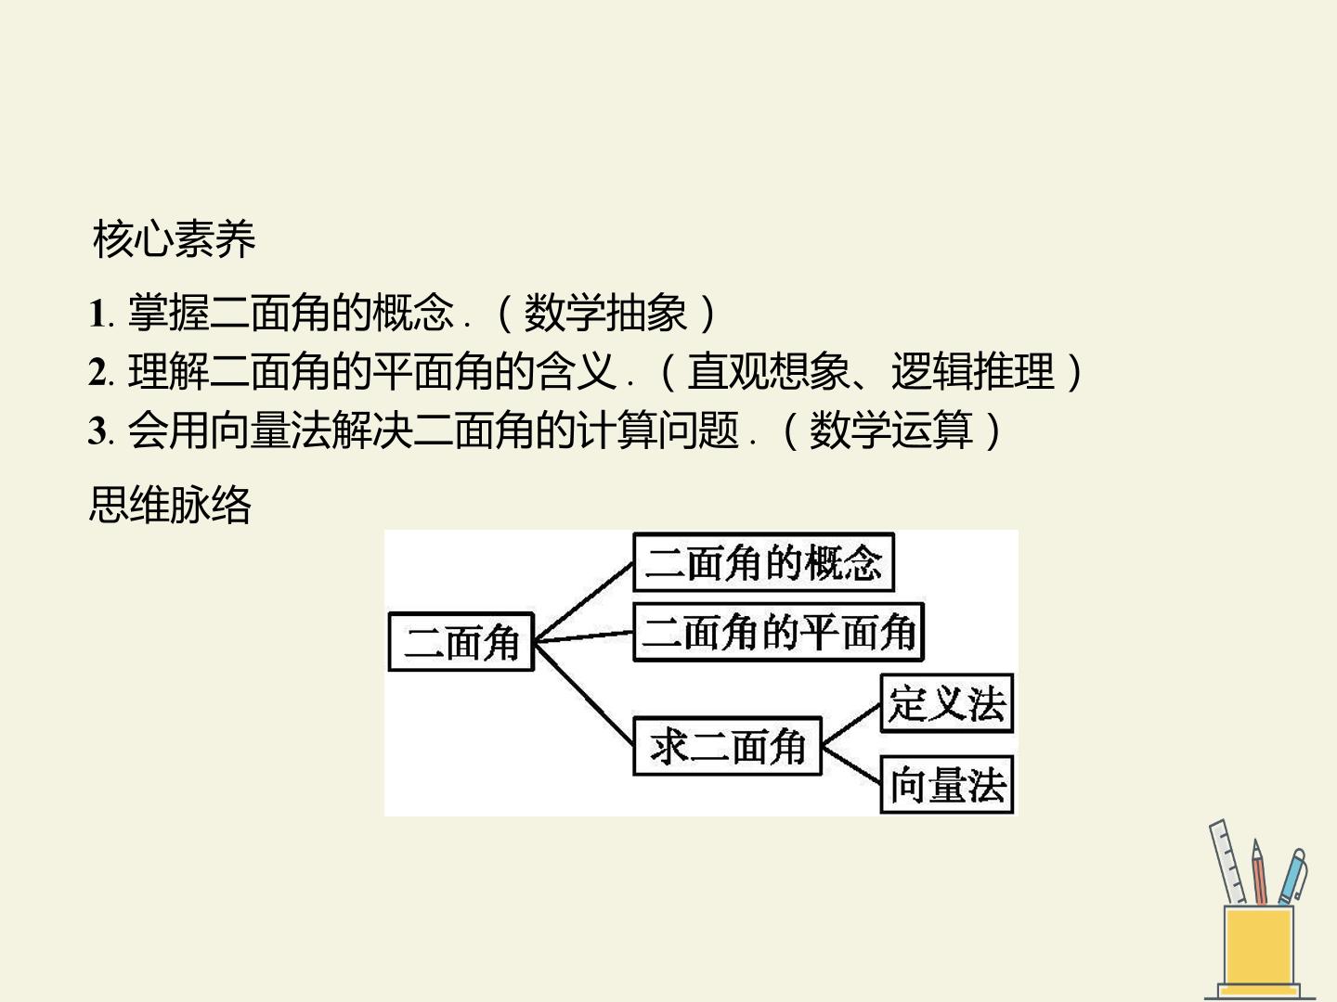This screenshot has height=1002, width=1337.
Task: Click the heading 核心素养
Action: (x=174, y=239)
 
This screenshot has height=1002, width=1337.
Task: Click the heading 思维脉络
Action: (x=170, y=505)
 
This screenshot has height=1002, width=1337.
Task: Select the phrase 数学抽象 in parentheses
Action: (x=605, y=314)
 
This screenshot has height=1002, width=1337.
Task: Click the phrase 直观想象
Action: (x=769, y=371)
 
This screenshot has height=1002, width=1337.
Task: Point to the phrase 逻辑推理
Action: (x=973, y=371)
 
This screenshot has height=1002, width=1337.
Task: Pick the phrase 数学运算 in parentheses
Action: (x=890, y=430)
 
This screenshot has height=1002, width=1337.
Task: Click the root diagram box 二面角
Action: (x=461, y=642)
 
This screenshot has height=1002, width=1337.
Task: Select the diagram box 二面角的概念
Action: (x=764, y=562)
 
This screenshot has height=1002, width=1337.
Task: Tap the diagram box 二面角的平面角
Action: (x=779, y=632)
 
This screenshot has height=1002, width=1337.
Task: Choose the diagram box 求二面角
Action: (x=728, y=746)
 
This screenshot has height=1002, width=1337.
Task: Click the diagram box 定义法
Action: (x=947, y=703)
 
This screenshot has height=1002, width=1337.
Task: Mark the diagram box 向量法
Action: (x=947, y=785)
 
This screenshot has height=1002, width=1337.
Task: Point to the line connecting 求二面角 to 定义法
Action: (x=851, y=725)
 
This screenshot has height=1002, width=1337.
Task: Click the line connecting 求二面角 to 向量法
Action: (x=851, y=764)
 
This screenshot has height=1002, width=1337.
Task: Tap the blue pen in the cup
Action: (x=1292, y=877)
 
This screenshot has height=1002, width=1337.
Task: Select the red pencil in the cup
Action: (x=1259, y=872)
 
